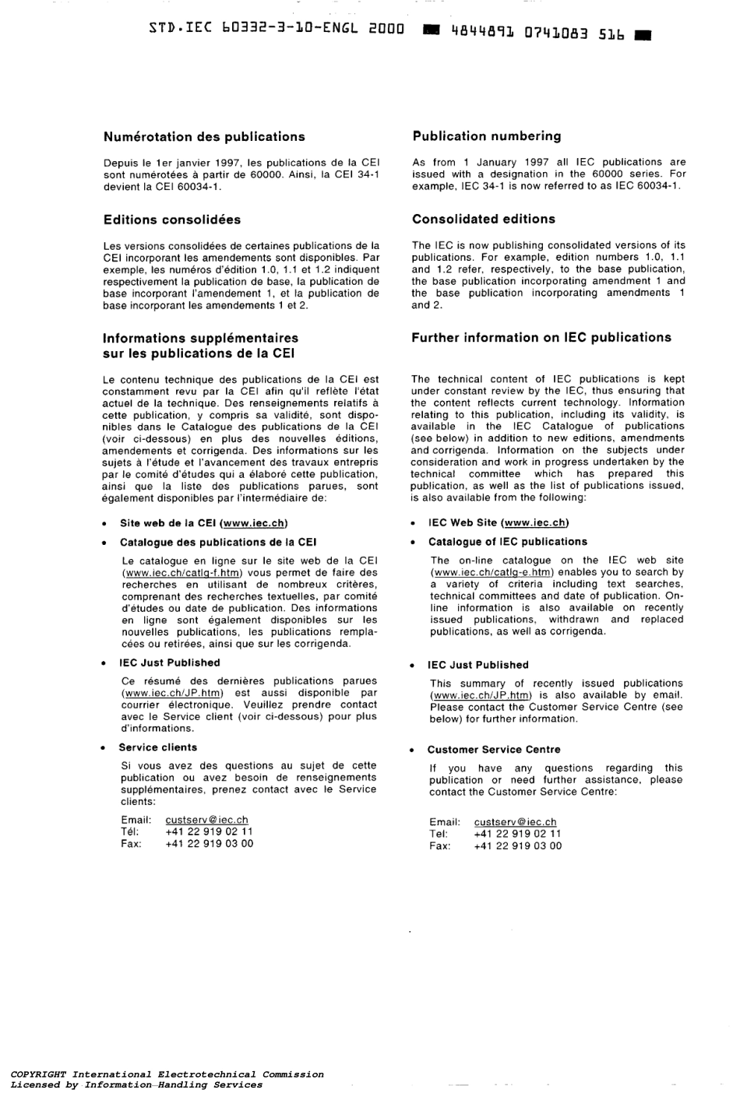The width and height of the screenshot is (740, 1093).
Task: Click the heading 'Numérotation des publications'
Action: [204, 137]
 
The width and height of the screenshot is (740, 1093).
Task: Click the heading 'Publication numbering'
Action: [487, 136]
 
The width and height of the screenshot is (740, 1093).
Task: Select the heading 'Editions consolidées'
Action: [171, 220]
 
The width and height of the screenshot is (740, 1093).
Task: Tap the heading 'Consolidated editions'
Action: [484, 219]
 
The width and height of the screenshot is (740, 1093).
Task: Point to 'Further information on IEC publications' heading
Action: [541, 338]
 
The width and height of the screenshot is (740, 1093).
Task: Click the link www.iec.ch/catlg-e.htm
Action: [492, 572]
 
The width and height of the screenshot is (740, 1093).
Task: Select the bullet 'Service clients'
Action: [158, 747]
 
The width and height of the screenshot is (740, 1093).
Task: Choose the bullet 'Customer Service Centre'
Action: [494, 750]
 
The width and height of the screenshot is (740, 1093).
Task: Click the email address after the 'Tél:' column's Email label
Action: [207, 820]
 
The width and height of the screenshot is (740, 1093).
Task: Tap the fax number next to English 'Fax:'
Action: [517, 846]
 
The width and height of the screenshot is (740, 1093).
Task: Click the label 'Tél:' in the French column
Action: [129, 831]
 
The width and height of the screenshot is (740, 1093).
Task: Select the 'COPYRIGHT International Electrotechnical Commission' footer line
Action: [167, 1074]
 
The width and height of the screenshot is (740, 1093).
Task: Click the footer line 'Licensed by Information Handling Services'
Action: [136, 1085]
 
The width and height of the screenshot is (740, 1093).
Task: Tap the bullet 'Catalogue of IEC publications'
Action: [508, 542]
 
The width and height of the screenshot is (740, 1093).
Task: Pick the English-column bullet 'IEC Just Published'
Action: [477, 666]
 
